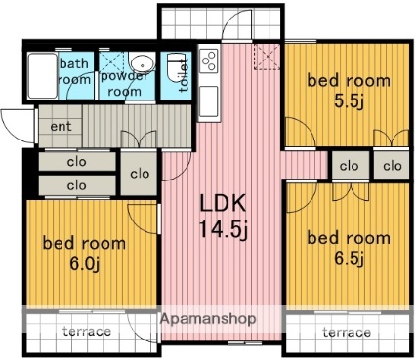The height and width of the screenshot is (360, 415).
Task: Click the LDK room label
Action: tap(223, 203)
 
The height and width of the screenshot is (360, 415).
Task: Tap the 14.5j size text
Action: tap(224, 229)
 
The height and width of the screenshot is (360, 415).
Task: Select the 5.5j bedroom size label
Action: tap(349, 102)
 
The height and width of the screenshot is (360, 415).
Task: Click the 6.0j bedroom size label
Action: tap(84, 263)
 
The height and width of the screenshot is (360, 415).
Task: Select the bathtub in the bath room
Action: tap(43, 76)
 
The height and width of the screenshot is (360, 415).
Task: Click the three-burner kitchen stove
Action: tap(209, 60)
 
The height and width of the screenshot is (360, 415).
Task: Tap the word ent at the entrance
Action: tap(61, 126)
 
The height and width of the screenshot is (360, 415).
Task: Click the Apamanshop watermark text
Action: tap(208, 319)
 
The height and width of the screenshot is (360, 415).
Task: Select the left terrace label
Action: tap(87, 331)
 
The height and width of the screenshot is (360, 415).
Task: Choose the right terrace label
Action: tap(347, 332)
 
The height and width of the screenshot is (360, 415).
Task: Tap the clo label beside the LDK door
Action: tap(140, 174)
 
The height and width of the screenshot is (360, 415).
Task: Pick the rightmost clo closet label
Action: tap(393, 166)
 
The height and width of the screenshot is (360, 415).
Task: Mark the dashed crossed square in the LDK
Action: tap(267, 57)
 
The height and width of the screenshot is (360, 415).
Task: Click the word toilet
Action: tap(184, 74)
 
